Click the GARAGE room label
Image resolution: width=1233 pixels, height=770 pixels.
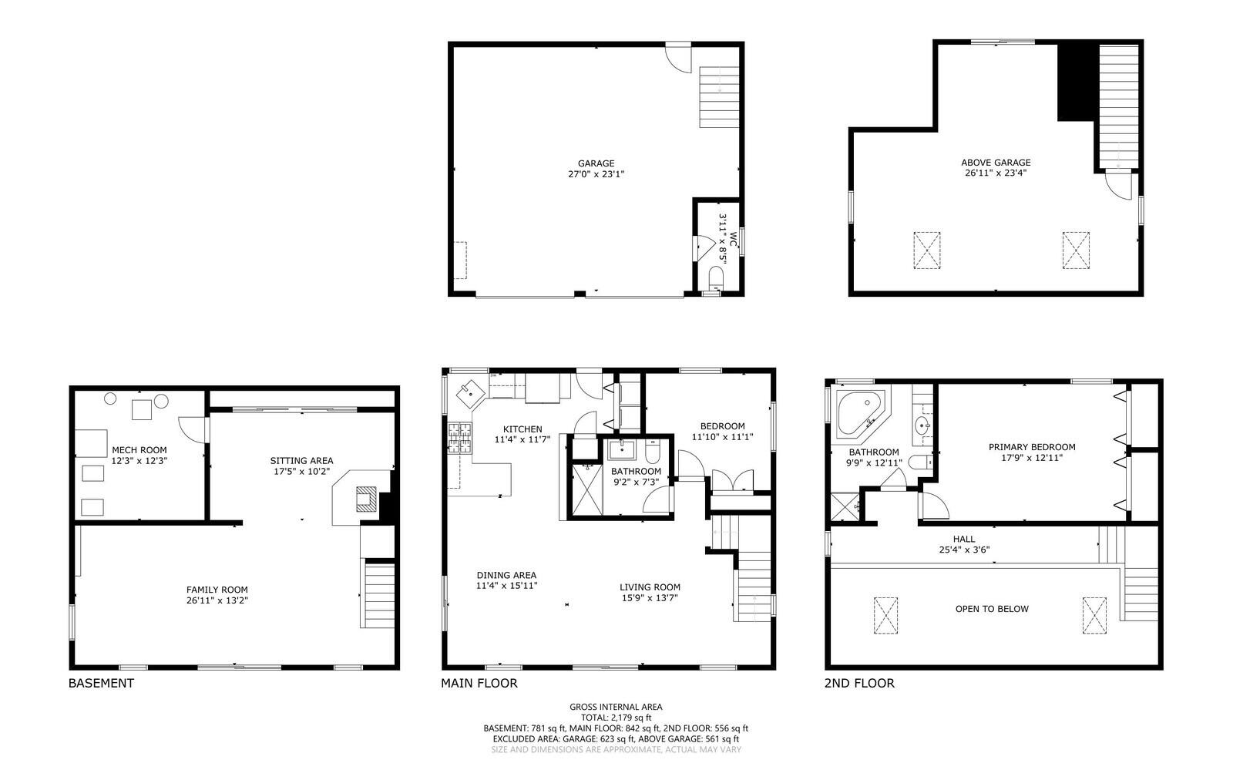click(596, 163)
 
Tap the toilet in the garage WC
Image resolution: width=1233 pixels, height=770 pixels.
click(716, 277)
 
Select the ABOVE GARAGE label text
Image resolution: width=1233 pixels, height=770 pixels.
click(996, 163)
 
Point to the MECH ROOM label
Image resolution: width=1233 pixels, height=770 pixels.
click(139, 450)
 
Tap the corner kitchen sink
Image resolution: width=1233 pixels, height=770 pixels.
click(469, 393)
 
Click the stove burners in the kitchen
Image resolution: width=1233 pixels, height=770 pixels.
click(459, 437)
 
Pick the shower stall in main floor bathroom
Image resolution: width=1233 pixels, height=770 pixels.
click(586, 488)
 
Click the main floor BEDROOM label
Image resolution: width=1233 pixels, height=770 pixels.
click(722, 426)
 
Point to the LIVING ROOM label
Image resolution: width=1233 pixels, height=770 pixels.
click(650, 587)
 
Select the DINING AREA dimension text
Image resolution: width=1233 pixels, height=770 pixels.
click(506, 586)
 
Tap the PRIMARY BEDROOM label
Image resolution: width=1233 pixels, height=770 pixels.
click(1032, 447)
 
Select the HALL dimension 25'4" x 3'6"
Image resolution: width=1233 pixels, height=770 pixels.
click(964, 550)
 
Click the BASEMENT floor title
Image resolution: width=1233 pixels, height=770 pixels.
click(101, 683)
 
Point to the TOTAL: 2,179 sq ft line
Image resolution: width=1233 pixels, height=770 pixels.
click(616, 718)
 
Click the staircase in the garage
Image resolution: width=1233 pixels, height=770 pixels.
click(719, 97)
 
